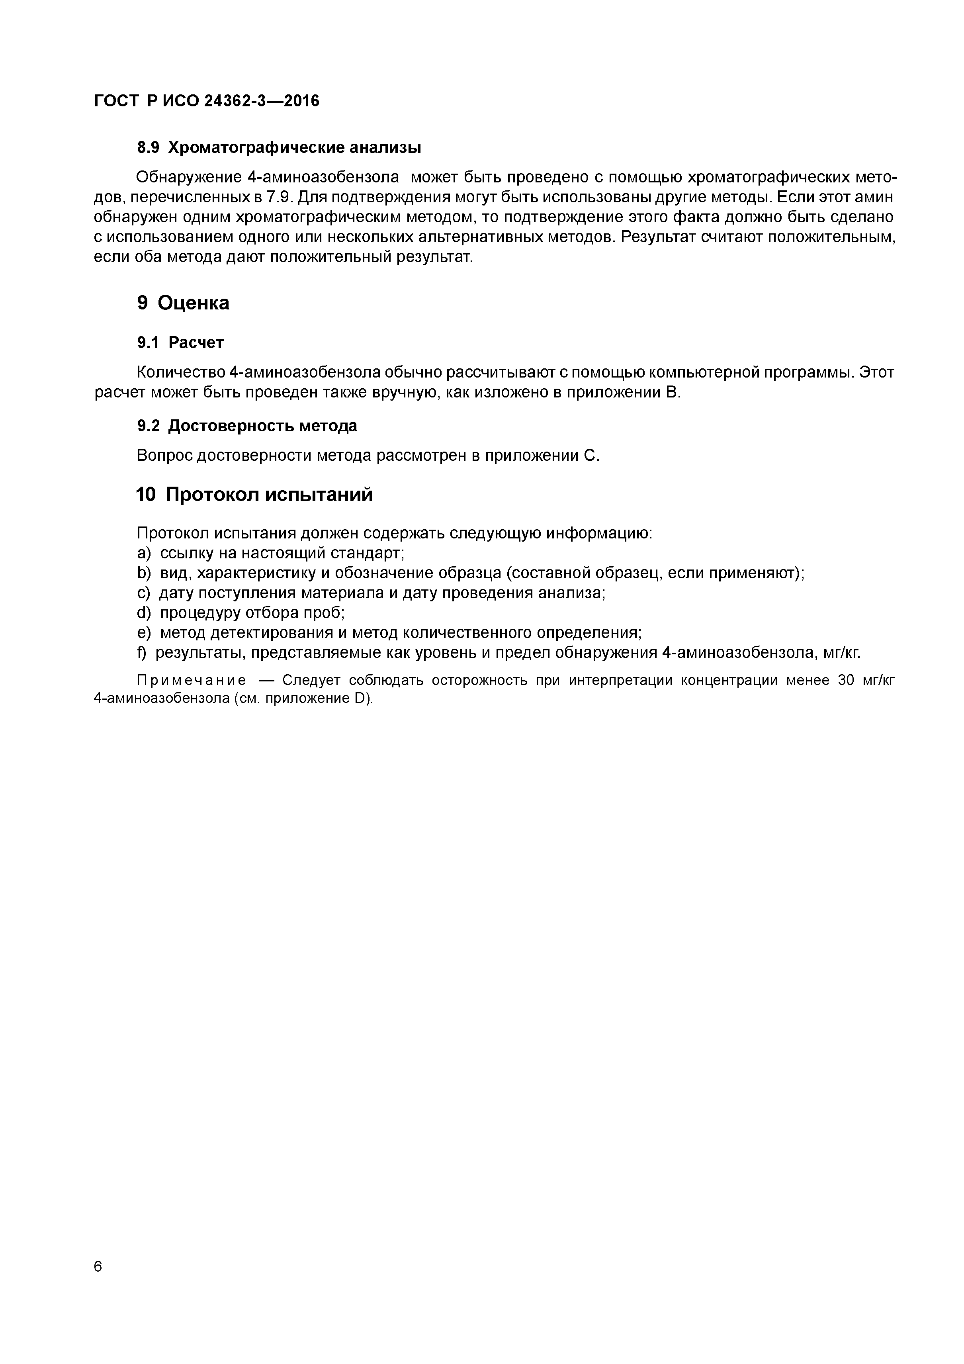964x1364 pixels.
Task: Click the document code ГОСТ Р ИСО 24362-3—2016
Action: pyautogui.click(x=206, y=101)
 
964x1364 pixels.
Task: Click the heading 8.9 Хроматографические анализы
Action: pyautogui.click(x=279, y=147)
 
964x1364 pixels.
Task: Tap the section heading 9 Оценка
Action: pyautogui.click(x=183, y=303)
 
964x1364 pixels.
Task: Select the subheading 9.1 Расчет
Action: pyautogui.click(x=180, y=343)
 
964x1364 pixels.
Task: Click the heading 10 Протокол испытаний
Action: pyautogui.click(x=254, y=494)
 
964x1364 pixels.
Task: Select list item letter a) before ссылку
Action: pyautogui.click(x=144, y=553)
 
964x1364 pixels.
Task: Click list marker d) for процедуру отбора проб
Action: pyautogui.click(x=144, y=613)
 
